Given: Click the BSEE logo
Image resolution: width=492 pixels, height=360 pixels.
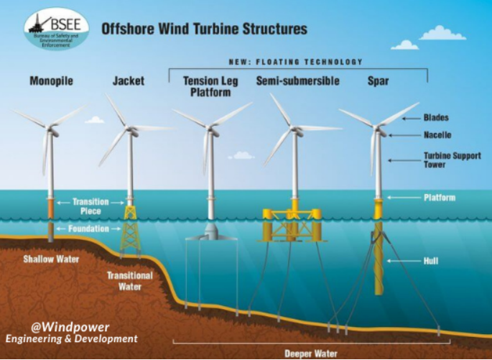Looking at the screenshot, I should pos(56,29).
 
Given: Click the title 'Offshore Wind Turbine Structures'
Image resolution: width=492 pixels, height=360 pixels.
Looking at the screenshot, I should pos(204,29).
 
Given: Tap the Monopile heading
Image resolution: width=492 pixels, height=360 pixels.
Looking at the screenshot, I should pos(52,81).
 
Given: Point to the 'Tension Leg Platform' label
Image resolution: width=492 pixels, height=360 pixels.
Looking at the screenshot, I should pos(207,86).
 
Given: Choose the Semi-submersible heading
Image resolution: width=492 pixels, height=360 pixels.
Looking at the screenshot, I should pos(297,81).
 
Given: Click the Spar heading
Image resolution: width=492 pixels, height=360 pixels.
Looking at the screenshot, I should pos(378,81).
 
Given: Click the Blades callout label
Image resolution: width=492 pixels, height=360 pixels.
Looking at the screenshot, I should pos(436,116).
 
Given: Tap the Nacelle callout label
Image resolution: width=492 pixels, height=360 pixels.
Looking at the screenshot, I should pos(437,134).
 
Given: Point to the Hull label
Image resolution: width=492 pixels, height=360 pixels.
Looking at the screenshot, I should pos(431,261).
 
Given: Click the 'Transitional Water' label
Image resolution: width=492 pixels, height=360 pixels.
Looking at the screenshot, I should pos(130,280).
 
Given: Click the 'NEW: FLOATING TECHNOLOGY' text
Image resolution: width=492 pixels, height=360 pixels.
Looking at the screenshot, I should pos(295,62).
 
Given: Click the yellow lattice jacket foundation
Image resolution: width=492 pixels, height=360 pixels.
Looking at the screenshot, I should pos(130,229).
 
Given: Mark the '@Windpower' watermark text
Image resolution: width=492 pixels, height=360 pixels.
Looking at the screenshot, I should pos(65,325).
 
